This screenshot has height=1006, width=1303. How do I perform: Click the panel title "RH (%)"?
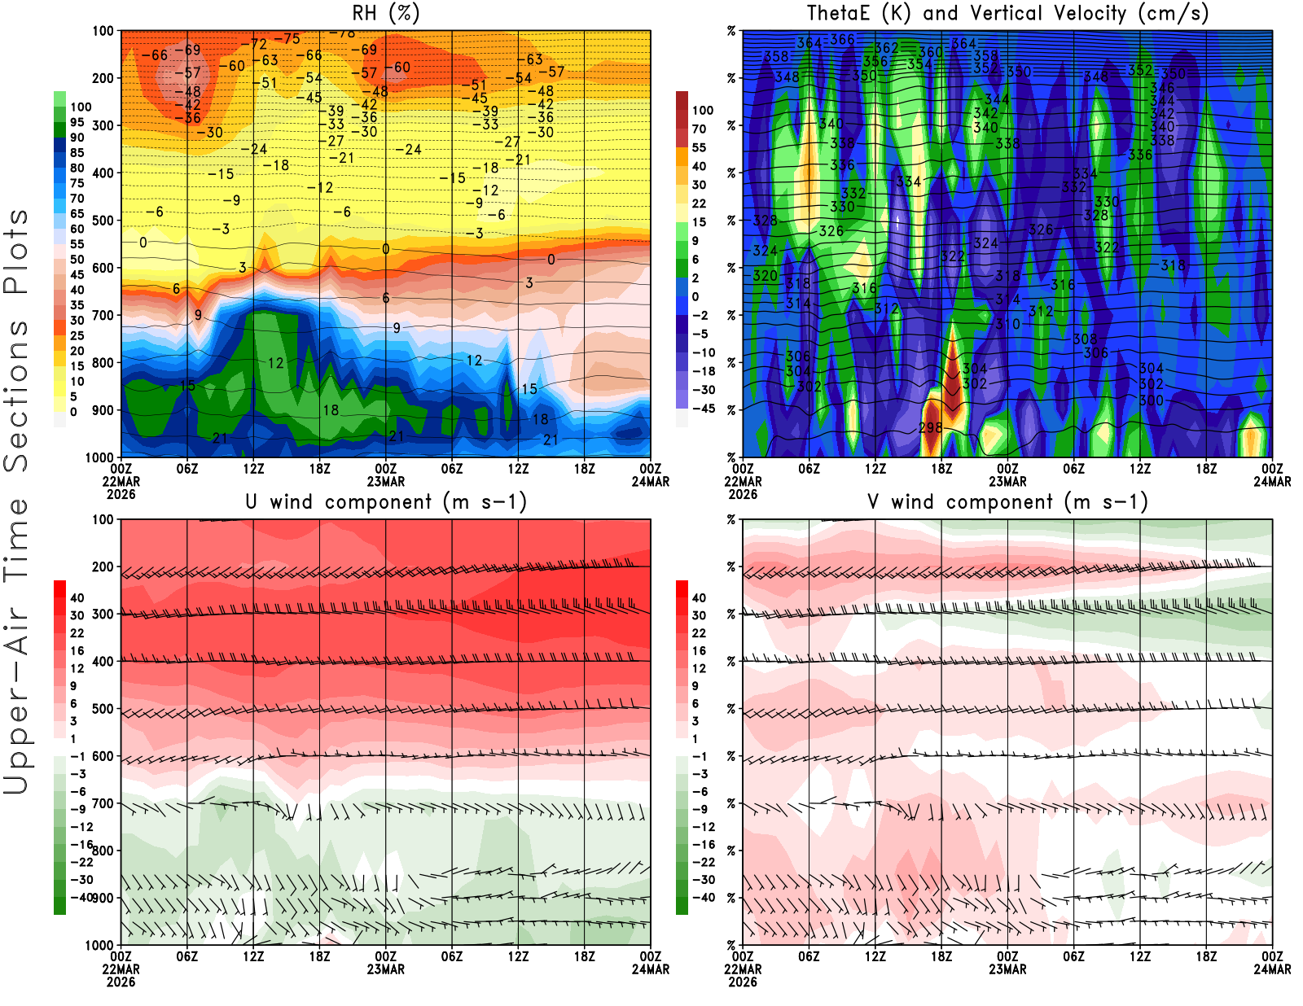(385, 13)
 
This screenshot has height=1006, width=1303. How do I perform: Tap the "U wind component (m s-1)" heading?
(386, 501)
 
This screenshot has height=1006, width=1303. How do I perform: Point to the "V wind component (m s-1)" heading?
(1007, 501)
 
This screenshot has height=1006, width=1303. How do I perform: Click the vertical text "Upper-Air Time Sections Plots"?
(16, 501)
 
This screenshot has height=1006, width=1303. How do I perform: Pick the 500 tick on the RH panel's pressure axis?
(103, 221)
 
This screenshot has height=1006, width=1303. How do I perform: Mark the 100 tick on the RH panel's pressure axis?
(103, 31)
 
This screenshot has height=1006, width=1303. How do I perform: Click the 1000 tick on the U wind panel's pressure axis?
(100, 945)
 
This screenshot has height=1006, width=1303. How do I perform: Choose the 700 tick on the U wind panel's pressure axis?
(103, 803)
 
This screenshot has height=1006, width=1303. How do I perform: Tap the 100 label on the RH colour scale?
(81, 107)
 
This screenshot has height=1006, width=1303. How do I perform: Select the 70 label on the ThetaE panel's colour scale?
(699, 129)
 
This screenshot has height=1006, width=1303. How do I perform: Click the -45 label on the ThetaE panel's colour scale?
(702, 409)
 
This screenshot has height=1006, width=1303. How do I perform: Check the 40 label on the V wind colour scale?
(699, 597)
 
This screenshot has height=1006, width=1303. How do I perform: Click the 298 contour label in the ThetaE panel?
(930, 427)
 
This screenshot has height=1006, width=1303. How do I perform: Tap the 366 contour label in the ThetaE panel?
(842, 39)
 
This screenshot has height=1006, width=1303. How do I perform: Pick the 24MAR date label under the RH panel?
(651, 481)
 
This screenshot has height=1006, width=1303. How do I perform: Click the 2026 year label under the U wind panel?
(121, 982)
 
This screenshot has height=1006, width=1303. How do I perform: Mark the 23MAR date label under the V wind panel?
(1007, 969)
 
